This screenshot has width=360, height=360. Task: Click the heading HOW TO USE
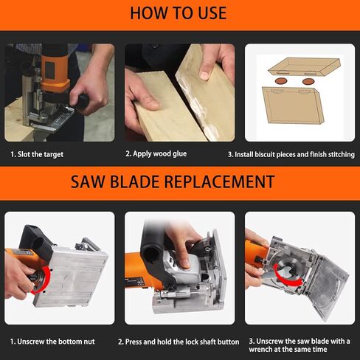pyautogui.click(x=179, y=13)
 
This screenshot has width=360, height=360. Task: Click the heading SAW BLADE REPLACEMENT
pyautogui.click(x=173, y=182)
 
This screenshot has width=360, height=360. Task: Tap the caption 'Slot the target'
pyautogui.click(x=37, y=154)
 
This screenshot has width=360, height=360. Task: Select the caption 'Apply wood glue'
pyautogui.click(x=156, y=154)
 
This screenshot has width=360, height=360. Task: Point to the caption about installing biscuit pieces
pyautogui.click(x=291, y=154)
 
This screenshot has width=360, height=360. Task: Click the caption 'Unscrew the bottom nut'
pyautogui.click(x=52, y=342)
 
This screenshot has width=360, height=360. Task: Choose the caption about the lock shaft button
pyautogui.click(x=179, y=342)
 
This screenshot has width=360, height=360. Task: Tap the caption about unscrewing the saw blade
pyautogui.click(x=300, y=345)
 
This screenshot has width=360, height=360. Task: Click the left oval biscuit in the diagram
pyautogui.click(x=281, y=80)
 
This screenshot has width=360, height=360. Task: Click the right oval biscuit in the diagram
pyautogui.click(x=308, y=81)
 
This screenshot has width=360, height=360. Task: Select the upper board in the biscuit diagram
pyautogui.click(x=305, y=66)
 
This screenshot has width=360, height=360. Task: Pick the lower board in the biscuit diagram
pyautogui.click(x=293, y=105)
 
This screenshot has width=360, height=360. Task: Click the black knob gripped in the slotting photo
pyautogui.click(x=81, y=101)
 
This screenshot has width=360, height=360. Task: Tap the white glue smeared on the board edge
pyautogui.click(x=197, y=103)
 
